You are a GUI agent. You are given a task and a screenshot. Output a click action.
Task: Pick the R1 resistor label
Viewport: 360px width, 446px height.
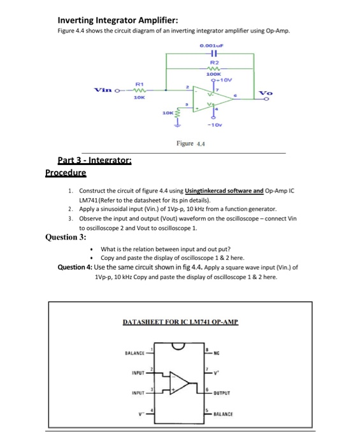coord(139,83)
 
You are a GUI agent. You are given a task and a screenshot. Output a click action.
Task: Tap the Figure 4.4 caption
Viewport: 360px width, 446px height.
coord(189,144)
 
